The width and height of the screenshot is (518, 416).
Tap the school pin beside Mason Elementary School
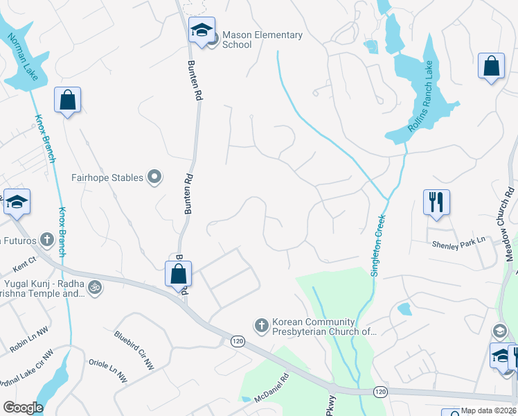[202, 31]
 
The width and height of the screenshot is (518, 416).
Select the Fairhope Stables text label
[107, 177]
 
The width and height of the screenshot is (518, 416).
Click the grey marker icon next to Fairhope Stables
[155, 177]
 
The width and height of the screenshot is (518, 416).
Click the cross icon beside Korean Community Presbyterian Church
[261, 324]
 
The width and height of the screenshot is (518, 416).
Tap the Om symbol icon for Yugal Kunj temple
[96, 286]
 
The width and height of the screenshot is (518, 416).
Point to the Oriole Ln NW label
[108, 370]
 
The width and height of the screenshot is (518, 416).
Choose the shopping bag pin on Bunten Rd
[179, 275]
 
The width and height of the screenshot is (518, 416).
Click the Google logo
[23, 408]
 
